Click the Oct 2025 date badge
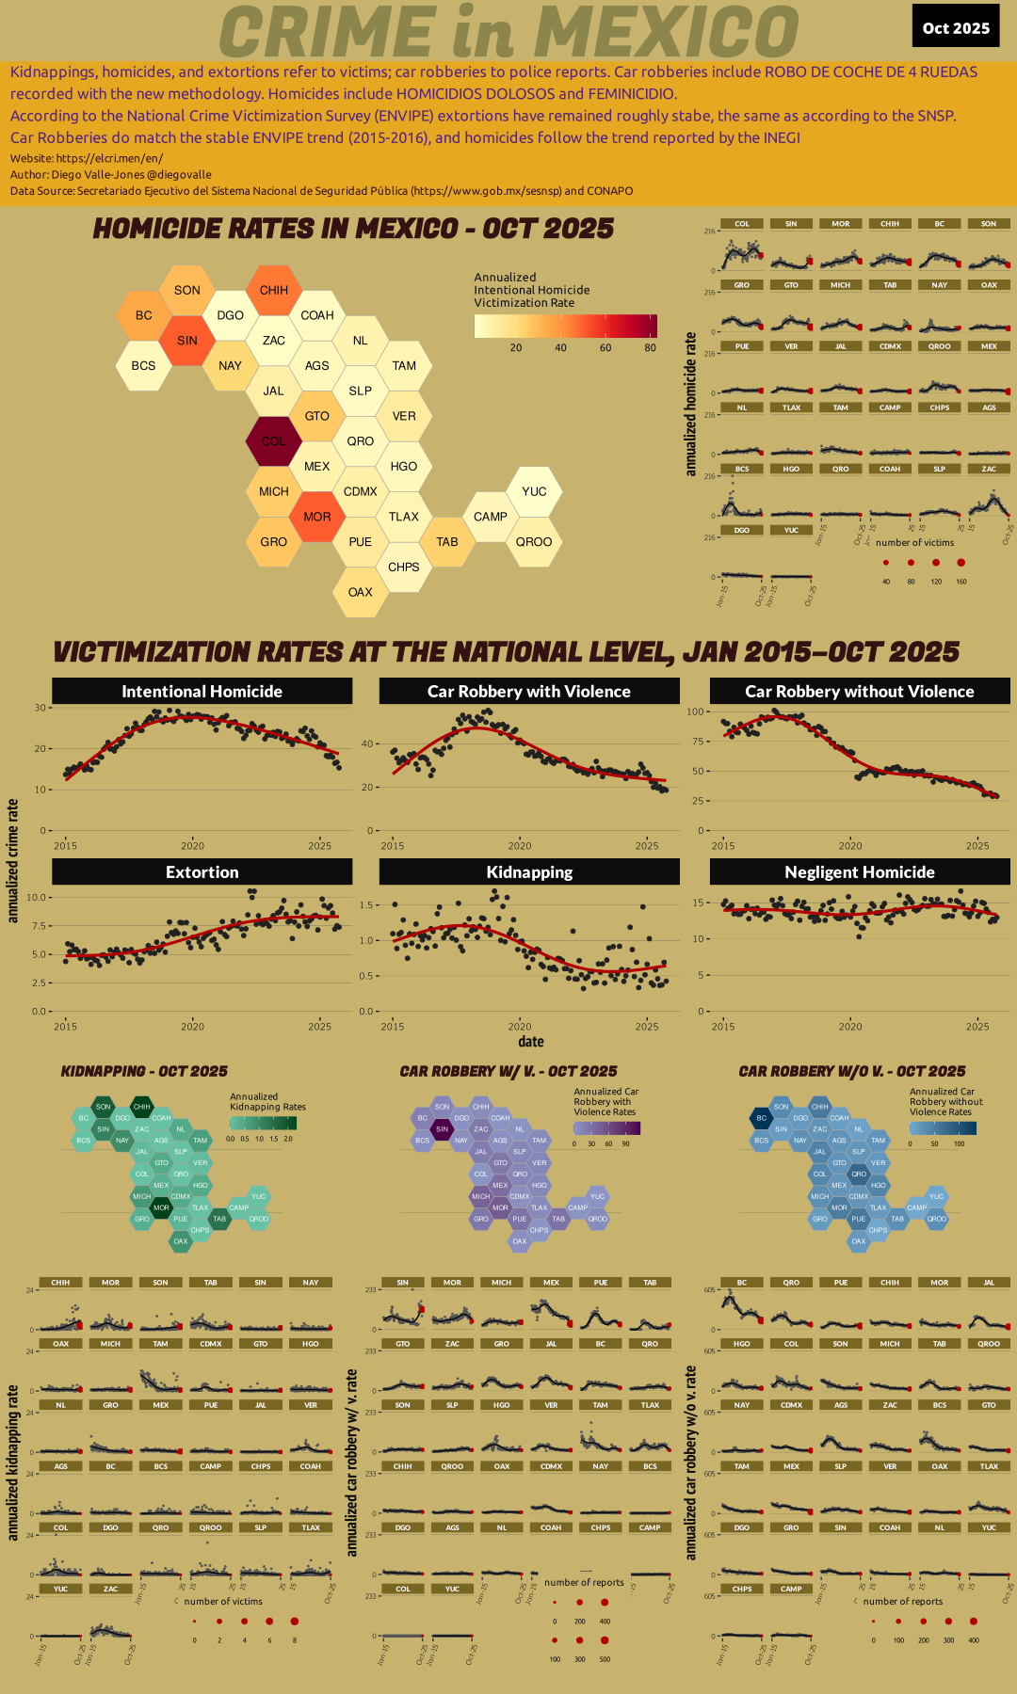pos(956,27)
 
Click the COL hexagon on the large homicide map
pos(273,440)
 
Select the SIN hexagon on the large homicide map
pos(187,340)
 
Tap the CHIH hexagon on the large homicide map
pos(274,290)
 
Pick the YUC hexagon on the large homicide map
pos(534,491)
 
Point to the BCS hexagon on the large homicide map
pos(143,365)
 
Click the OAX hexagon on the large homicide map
pos(361,592)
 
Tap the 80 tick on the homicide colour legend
pos(651,347)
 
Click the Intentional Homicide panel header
pos(202,691)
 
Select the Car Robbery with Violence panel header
pos(529,691)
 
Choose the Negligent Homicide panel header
pos(860,872)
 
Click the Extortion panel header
pos(202,872)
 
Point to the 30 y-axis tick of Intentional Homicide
pos(40,708)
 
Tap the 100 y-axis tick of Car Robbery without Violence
pos(696,711)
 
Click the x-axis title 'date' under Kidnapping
pos(530,1042)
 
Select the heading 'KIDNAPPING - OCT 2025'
pos(144,1071)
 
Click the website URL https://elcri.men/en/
pos(109,158)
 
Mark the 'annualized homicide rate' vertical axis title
pos(691,404)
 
